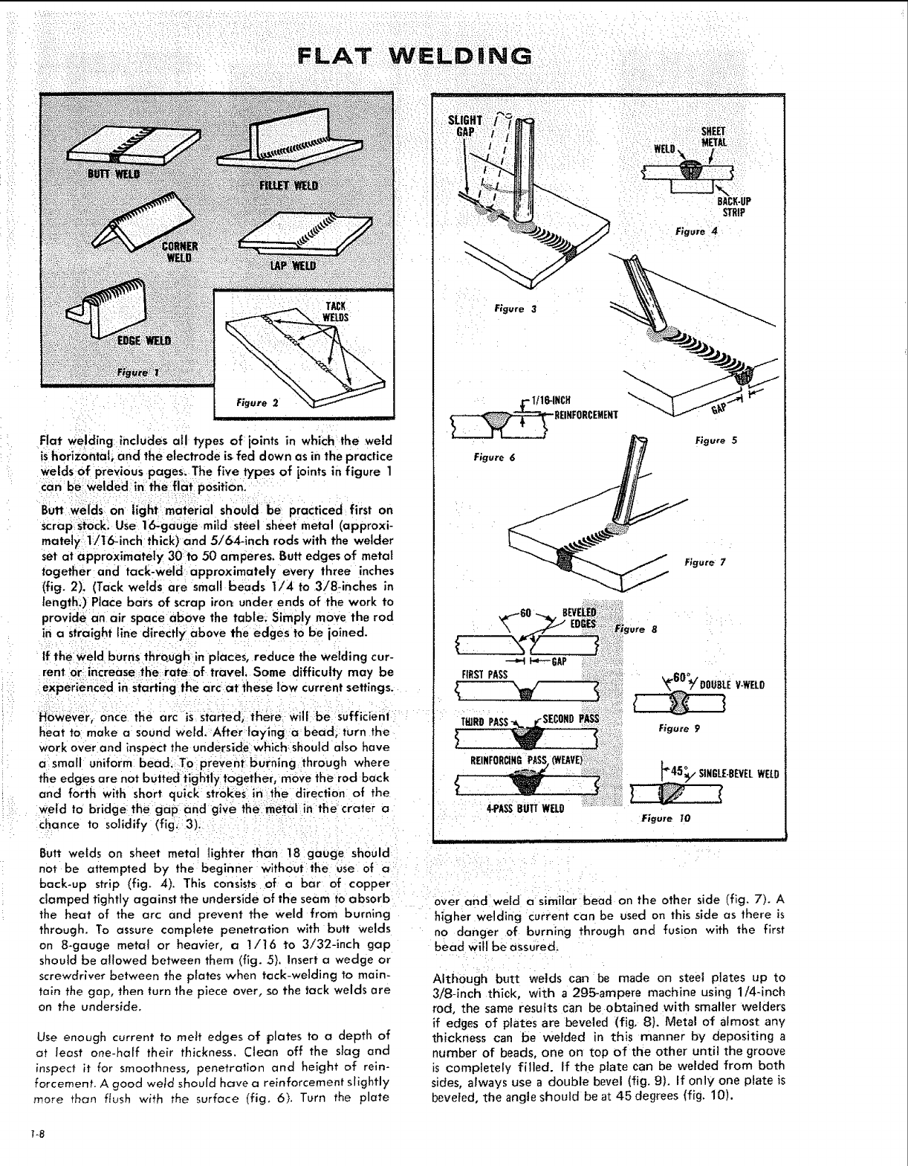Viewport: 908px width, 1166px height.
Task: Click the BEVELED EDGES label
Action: pos(581,618)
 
